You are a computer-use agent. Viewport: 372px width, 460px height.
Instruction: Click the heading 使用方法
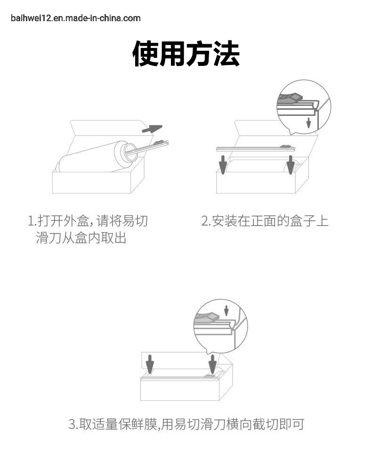186,54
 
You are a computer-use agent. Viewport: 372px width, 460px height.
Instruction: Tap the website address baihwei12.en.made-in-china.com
76,18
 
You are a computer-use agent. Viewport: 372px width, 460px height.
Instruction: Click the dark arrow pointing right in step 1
152,129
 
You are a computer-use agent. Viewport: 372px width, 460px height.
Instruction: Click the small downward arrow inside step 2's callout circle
308,122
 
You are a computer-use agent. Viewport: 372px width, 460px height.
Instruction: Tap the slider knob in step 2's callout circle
290,97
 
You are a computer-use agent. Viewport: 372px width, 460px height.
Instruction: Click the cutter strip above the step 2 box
256,149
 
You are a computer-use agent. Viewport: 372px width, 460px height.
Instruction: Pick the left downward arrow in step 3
150,364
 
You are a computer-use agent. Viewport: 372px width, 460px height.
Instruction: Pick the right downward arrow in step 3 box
212,364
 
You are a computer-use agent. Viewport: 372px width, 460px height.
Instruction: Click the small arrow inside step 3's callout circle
226,311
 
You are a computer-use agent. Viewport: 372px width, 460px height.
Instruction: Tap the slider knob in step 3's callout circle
208,317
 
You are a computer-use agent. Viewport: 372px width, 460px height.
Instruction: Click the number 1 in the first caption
31,221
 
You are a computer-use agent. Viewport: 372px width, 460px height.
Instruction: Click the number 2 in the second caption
205,221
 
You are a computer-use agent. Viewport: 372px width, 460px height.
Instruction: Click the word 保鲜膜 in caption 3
138,424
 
